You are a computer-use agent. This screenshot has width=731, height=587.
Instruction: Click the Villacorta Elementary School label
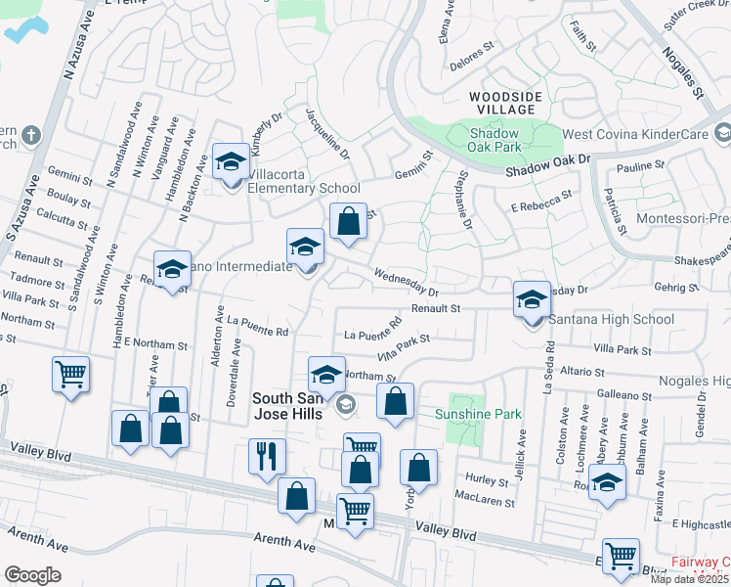[304, 188]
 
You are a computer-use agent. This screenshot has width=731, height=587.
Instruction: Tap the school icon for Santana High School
[532, 298]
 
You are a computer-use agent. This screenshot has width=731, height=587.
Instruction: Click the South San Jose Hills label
[292, 405]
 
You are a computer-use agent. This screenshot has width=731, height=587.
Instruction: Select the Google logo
[32, 574]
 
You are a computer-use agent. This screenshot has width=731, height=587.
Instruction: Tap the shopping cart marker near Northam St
[70, 373]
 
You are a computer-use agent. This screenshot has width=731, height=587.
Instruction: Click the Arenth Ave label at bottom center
[288, 540]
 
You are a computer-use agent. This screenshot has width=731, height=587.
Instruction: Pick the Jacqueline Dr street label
[327, 133]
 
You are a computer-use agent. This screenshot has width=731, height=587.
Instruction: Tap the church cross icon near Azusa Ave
[30, 134]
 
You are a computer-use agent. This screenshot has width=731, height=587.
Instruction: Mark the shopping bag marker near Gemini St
[348, 220]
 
